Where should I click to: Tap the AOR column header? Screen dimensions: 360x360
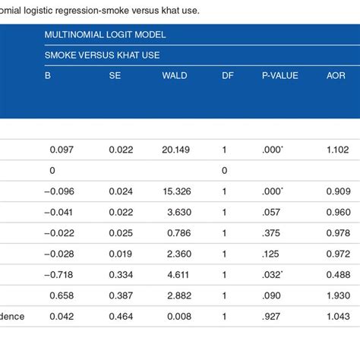[x=336, y=77]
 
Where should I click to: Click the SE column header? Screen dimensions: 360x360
[x=115, y=77]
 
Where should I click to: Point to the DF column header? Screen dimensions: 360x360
[x=227, y=77]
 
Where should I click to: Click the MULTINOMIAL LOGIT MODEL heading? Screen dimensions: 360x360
[x=105, y=35]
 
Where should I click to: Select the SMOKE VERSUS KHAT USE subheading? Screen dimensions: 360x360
[x=103, y=55]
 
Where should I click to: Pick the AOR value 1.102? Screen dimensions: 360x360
[x=338, y=150]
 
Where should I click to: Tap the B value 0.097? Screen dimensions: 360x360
[x=61, y=150]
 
